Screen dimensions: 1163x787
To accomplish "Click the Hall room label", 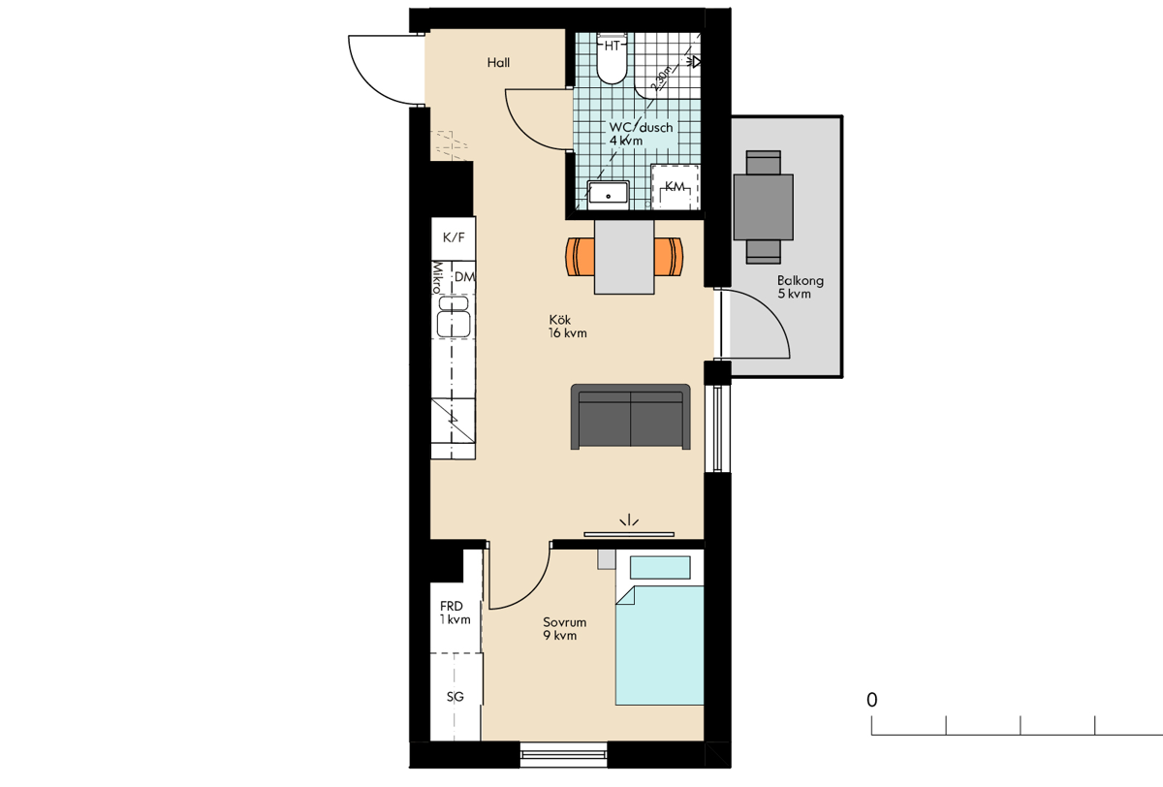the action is coord(498,63).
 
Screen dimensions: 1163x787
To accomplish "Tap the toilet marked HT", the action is coord(613,58).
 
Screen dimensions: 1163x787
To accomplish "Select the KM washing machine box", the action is coord(675,187).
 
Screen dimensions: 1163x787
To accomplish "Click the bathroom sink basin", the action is coord(608,195).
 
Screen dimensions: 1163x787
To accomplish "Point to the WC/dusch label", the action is coord(641,127).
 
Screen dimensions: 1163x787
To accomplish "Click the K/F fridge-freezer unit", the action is coord(454,238).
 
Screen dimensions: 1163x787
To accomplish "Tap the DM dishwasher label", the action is coord(464,277).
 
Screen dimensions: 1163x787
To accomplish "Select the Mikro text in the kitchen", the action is coord(437,277).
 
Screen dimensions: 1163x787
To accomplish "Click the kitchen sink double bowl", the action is coord(454,317).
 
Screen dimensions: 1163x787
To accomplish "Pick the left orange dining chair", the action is coord(581,257).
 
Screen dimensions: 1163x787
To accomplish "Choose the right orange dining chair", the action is coord(669,257).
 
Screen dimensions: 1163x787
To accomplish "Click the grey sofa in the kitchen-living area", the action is coord(630,417).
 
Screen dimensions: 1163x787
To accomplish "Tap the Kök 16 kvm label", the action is coord(568,327).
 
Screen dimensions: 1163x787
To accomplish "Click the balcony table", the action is coord(764,207).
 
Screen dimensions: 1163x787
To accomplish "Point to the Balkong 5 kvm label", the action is coord(801,287).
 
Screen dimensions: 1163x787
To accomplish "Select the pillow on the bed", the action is coord(660,567).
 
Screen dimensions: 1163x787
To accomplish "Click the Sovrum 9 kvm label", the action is coord(564,629).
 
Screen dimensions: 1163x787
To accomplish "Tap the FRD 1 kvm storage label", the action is coord(455,614).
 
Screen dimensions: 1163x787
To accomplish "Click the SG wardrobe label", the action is coord(456,697).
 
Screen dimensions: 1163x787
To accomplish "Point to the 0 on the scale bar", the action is coord(871,700).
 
